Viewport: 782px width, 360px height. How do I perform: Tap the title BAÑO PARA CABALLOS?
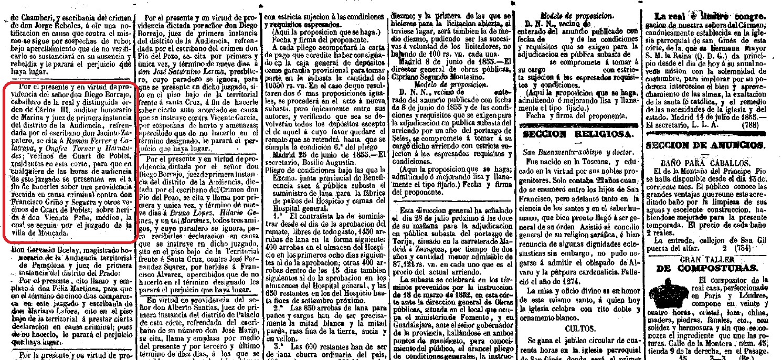tap(711, 162)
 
